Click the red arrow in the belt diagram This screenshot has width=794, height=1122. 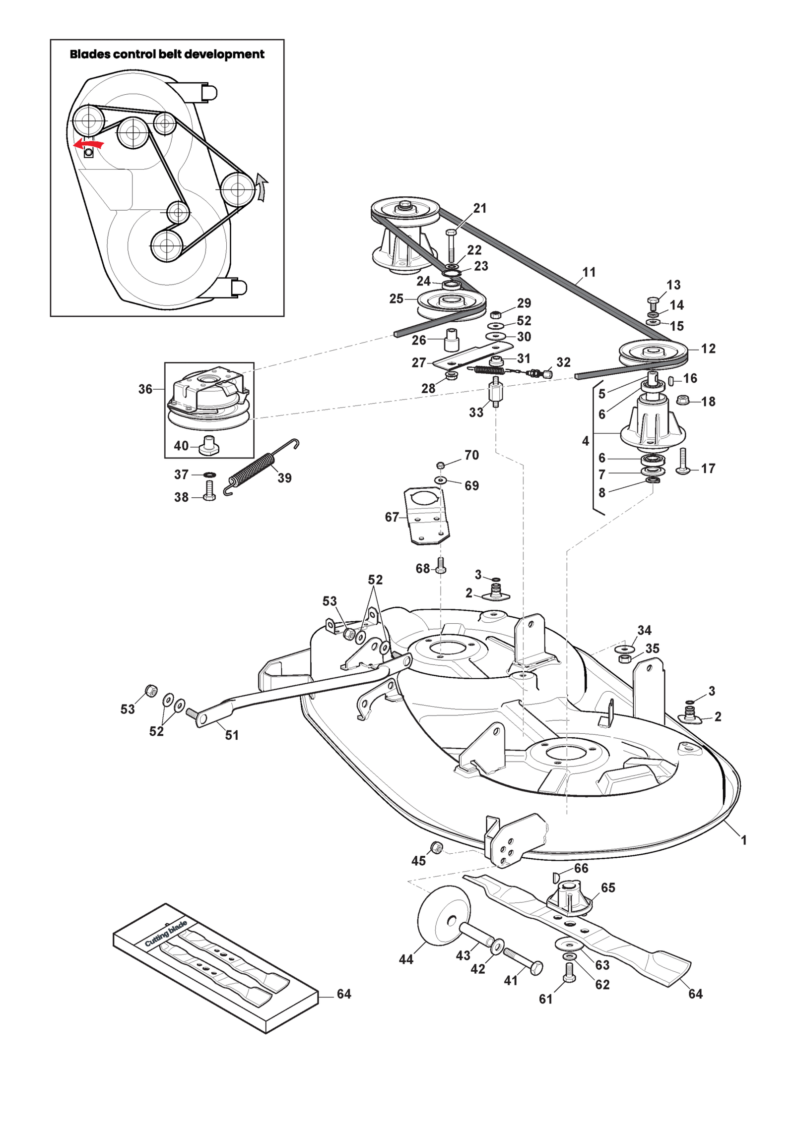pos(88,144)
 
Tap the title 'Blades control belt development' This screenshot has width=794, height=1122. pos(167,54)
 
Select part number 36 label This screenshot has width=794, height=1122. pos(145,389)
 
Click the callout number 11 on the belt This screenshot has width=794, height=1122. pos(589,272)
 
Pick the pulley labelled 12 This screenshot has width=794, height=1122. pos(653,354)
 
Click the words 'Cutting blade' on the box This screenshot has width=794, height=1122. pos(166,934)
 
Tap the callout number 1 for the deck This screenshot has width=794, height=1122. pos(743,840)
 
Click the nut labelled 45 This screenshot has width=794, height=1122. pos(436,847)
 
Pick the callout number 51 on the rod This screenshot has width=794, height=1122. pos(232,735)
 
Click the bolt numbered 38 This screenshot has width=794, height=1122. pos(209,491)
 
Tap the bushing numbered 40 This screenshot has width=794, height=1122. pos(208,445)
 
